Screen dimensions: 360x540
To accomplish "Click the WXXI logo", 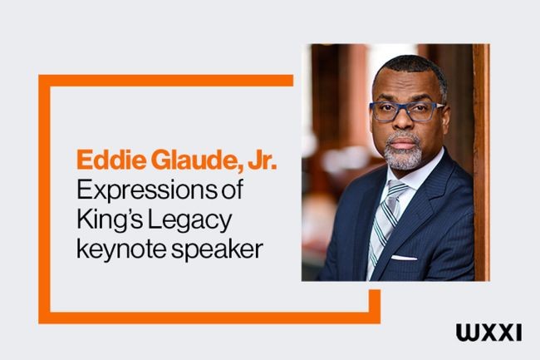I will [x=488, y=333].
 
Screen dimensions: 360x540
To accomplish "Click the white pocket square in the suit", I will [x=404, y=259].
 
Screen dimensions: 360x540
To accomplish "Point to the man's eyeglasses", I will [x=405, y=111].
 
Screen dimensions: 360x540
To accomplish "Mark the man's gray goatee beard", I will [x=403, y=154].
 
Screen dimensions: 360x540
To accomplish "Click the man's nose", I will [x=405, y=123].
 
